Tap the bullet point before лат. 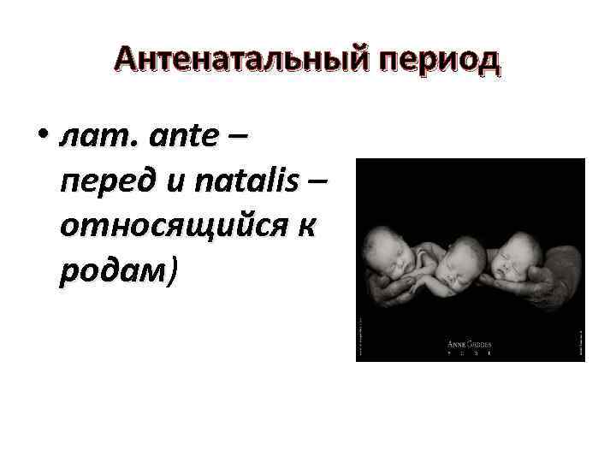tap(43, 137)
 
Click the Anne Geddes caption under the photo tap(470, 345)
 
